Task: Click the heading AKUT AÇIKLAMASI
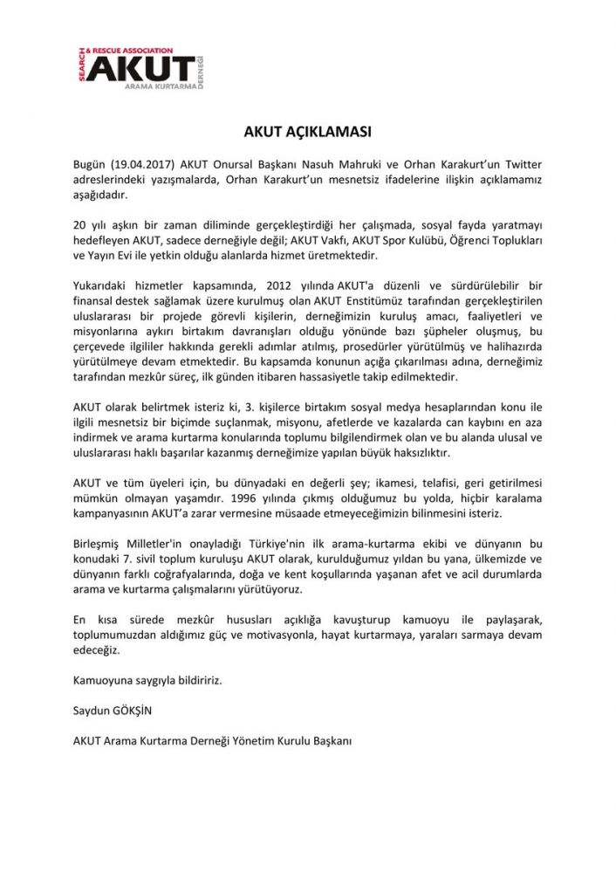307,133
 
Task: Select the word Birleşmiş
99,544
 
